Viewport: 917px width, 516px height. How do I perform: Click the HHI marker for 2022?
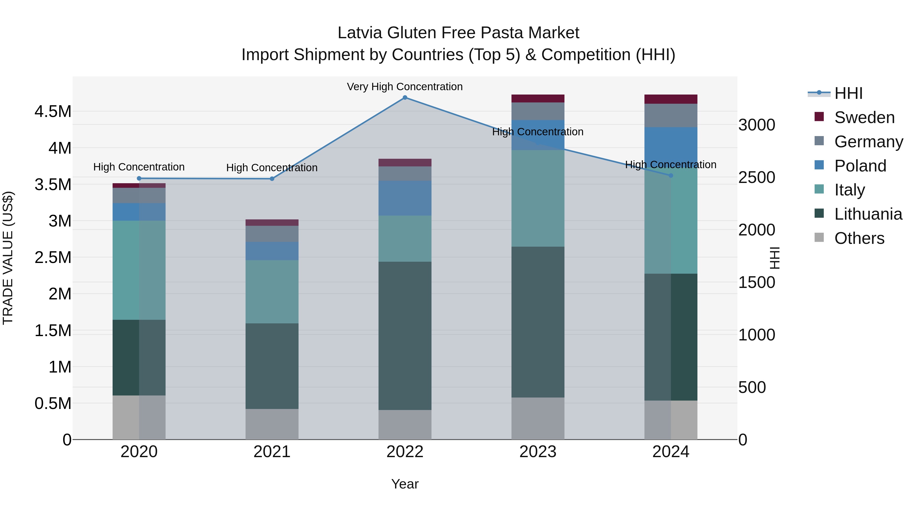coord(405,98)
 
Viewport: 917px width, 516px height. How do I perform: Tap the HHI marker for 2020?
coord(139,178)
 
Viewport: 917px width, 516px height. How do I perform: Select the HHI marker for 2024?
coord(671,176)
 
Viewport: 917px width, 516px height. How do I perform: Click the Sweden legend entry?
coord(864,117)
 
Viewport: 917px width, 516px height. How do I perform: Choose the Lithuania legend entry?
coord(868,214)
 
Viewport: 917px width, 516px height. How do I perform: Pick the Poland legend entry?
coord(860,166)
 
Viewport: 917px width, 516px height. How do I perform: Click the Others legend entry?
coord(859,238)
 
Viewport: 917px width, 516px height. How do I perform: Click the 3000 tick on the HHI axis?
coord(757,125)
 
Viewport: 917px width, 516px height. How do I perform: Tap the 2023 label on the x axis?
coord(537,452)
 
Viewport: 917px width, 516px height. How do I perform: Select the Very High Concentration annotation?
coord(405,87)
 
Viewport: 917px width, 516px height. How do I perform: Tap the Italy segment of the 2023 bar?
coord(537,198)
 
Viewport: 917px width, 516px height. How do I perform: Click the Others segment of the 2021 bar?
coord(272,424)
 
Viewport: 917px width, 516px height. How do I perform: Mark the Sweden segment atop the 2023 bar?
coord(537,99)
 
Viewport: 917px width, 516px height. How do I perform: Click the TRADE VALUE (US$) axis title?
coord(8,258)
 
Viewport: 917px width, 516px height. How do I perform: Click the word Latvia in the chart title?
coord(360,33)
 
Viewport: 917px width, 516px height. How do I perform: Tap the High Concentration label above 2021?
coord(272,167)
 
